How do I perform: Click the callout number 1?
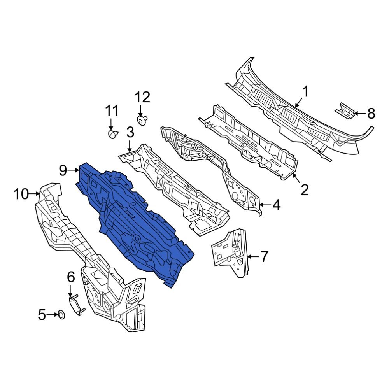[305, 92]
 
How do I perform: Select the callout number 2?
[304, 190]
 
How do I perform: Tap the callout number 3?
[130, 133]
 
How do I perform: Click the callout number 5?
[42, 314]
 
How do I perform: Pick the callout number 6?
[70, 277]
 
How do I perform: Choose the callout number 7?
[264, 256]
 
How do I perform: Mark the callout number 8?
[371, 114]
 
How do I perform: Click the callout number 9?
[63, 170]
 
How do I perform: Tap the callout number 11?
[112, 111]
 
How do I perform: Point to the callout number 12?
[142, 97]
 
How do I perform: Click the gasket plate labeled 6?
[75, 305]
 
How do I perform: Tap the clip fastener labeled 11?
[112, 134]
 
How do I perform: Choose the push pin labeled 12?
[143, 119]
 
